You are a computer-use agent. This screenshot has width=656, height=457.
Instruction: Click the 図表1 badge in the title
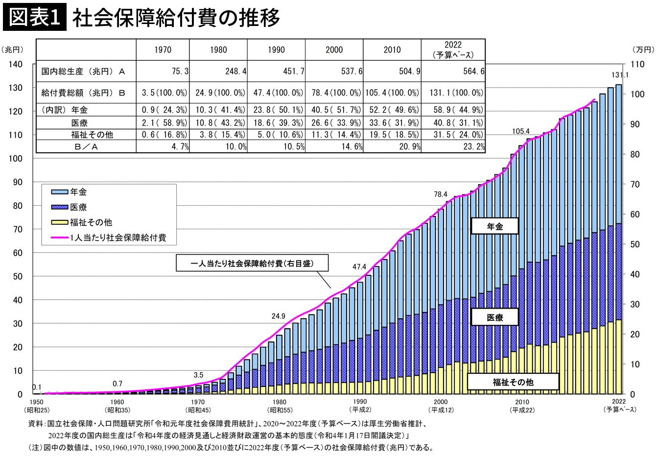click(x=35, y=17)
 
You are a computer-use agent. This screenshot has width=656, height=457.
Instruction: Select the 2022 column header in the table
click(x=453, y=49)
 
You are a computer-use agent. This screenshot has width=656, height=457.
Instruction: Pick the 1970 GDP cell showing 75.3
click(x=180, y=71)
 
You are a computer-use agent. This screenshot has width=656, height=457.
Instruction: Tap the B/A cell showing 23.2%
click(x=474, y=146)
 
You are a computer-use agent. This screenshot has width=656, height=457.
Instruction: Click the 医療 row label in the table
click(x=79, y=123)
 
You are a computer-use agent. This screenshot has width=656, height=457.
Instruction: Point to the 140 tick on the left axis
click(x=16, y=64)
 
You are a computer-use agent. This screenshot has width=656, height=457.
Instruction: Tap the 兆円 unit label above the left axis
click(x=12, y=49)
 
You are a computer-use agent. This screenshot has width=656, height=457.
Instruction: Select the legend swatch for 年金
click(x=59, y=192)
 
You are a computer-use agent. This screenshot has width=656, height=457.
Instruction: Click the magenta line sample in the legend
click(x=59, y=238)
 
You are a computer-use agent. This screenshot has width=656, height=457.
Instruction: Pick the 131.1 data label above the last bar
click(x=620, y=75)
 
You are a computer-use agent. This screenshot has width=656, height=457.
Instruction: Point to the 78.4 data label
click(x=441, y=194)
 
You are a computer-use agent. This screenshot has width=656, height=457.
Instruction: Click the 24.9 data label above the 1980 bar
click(x=278, y=316)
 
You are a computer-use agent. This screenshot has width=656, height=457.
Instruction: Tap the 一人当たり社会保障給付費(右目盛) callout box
click(x=252, y=263)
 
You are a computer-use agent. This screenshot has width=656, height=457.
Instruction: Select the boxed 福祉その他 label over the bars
click(x=513, y=382)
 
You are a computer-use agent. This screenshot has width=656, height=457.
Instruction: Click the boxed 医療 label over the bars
click(x=494, y=317)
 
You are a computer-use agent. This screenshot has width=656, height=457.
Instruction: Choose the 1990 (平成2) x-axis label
click(x=360, y=406)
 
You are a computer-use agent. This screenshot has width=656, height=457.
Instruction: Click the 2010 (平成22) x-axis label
click(x=522, y=406)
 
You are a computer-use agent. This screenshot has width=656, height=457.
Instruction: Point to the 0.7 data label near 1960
click(x=117, y=384)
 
